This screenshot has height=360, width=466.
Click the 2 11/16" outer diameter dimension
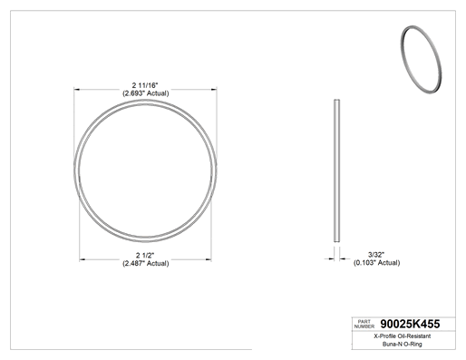[145, 85]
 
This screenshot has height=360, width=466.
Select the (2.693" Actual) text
[145, 93]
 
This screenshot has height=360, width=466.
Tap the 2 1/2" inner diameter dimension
[145, 256]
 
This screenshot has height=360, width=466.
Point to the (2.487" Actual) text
[145, 263]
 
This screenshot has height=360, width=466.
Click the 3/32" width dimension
[376, 255]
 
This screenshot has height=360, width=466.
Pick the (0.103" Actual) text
[376, 263]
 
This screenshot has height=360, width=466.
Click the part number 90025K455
[410, 324]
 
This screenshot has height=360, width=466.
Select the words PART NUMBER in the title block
[364, 324]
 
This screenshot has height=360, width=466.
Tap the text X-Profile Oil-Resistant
[403, 336]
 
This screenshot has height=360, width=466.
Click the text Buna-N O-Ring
[403, 344]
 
